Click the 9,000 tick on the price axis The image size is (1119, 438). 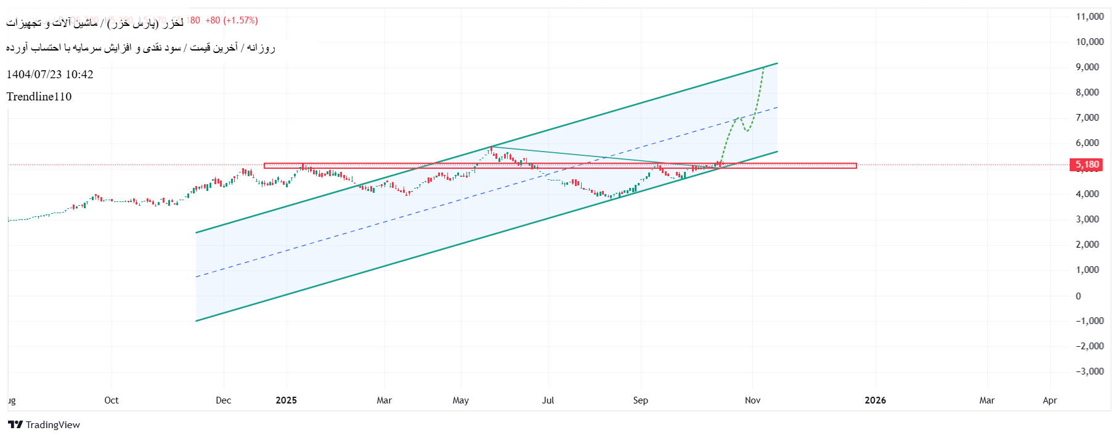[1087, 67]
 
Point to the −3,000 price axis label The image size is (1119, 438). [1089, 371]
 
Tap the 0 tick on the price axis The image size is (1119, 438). [1078, 296]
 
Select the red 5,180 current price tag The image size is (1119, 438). [1087, 164]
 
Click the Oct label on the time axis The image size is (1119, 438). [112, 400]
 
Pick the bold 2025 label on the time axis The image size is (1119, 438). [286, 400]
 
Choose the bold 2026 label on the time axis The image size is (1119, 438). [875, 400]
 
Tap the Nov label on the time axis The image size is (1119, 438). [752, 400]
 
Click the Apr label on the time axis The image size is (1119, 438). [1049, 400]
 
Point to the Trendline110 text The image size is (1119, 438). [39, 97]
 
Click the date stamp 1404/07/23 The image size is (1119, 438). [34, 75]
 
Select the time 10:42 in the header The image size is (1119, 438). [79, 75]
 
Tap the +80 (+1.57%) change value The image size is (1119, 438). [232, 20]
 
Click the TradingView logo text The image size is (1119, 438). [52, 425]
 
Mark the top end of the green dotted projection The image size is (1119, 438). [763, 67]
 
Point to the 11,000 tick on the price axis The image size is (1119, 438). [1089, 17]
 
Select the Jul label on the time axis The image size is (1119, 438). [548, 400]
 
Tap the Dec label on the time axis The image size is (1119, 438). [224, 400]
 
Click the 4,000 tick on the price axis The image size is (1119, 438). [1087, 194]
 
